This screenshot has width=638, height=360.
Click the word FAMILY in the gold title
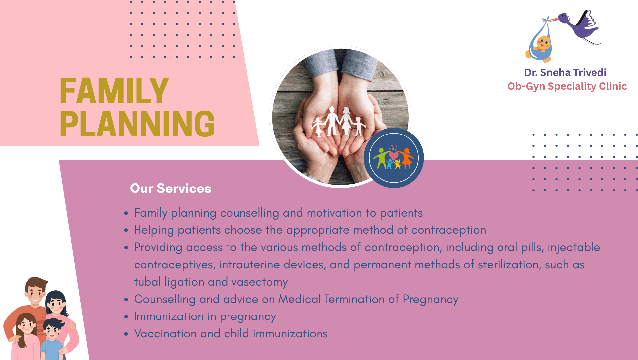coord(114,91)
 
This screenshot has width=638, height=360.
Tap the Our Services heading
coord(170,188)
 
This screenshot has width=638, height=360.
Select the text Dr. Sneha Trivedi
coord(565,72)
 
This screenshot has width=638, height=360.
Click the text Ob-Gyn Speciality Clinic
coord(567,86)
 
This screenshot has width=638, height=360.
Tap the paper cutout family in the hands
coord(338,122)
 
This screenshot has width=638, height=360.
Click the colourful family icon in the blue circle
coord(394,158)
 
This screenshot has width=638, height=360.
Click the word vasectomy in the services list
coord(259,282)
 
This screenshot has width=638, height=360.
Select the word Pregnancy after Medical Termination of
coord(430,300)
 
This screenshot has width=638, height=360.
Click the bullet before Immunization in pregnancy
coord(126,317)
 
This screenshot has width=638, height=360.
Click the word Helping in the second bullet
coord(154,230)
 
